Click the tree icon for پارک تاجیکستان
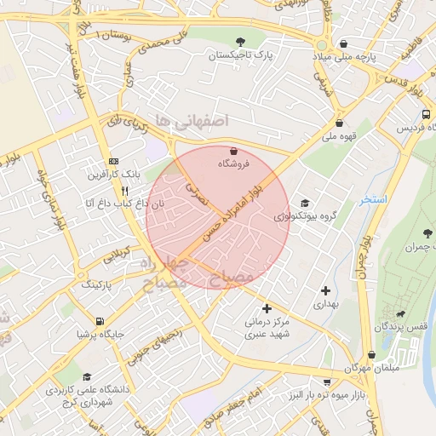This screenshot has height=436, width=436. coord(242,41)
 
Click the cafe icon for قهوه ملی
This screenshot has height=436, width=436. coord(339,122)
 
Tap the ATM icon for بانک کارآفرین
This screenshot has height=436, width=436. coord(114,162)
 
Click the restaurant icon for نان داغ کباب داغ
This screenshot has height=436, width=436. coord(125,191)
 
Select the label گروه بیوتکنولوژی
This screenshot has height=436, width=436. coord(312,216)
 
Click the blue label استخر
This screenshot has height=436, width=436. coord(373,199)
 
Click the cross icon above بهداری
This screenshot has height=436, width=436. coord(325,291)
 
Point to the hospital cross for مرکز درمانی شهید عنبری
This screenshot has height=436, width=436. coord(267,308)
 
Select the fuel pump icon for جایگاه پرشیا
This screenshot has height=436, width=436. coord(101,322)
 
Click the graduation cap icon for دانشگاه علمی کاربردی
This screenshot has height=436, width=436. coord(86,376)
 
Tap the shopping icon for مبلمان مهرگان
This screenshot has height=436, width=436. coord(371,355)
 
